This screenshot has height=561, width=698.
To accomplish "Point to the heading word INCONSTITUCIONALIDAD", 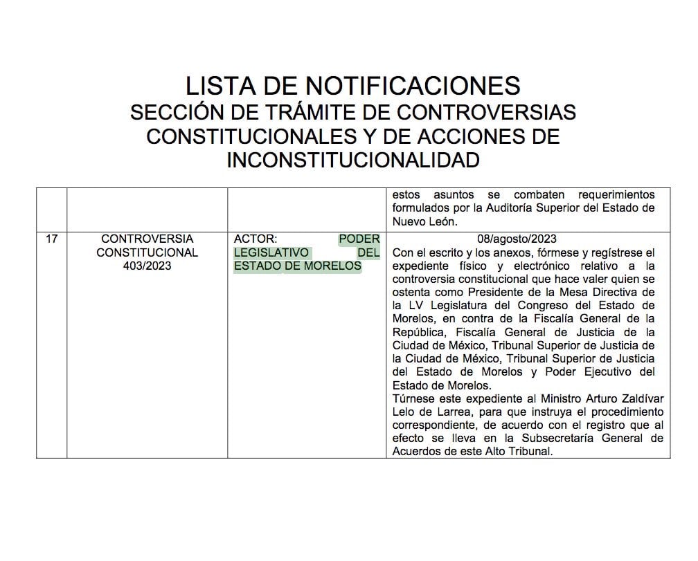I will pyautogui.click(x=353, y=160).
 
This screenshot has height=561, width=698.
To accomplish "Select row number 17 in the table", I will pyautogui.click(x=51, y=239).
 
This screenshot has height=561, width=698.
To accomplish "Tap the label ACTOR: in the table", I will pyautogui.click(x=256, y=239).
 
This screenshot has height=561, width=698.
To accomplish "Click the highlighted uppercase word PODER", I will pyautogui.click(x=359, y=239).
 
